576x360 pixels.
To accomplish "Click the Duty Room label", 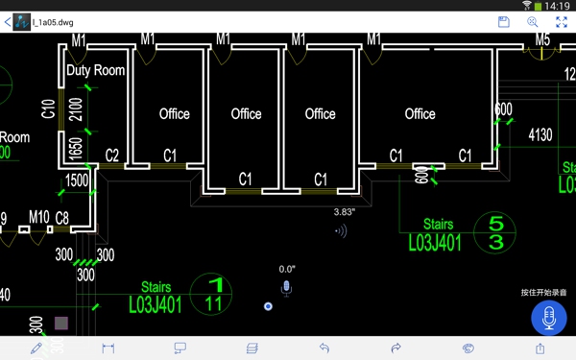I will (x=95, y=70).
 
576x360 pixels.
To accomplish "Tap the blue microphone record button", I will (x=549, y=318).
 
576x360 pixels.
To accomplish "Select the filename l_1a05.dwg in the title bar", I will (x=52, y=21).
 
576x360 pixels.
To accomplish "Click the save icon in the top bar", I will (x=503, y=21).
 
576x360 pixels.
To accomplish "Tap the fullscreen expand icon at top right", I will (x=562, y=21).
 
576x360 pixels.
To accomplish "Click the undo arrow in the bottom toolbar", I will (x=324, y=348).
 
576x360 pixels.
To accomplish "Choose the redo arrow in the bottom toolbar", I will (x=396, y=348).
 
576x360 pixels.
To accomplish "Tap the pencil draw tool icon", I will (x=36, y=348).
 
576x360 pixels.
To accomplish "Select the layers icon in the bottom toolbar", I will (x=252, y=348).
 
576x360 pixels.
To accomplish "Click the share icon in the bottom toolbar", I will (x=540, y=348).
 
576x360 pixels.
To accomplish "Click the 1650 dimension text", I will (x=74, y=150).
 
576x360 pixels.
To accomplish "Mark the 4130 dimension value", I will (x=540, y=135).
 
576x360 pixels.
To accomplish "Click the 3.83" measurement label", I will (x=345, y=211).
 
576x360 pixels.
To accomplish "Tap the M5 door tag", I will (x=543, y=40).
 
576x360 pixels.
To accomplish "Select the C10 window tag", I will (x=48, y=108).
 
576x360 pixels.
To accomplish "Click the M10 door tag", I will (x=38, y=218).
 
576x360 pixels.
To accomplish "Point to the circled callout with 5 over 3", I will (x=496, y=233).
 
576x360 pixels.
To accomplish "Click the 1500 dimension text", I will (x=77, y=180).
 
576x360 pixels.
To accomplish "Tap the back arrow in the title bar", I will (x=8, y=21).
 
